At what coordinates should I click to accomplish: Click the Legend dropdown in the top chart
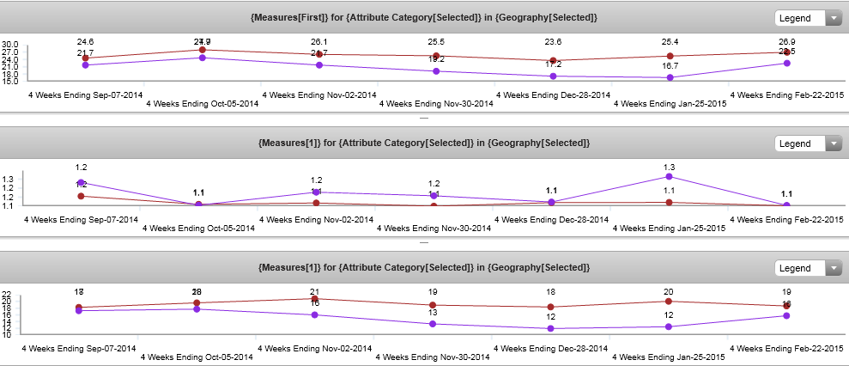coord(809,18)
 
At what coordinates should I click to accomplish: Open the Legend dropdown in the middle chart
coord(809,143)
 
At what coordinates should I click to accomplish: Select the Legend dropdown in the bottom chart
coord(809,268)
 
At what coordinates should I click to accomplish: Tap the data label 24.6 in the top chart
coord(85,41)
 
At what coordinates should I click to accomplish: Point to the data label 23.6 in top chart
coord(553,41)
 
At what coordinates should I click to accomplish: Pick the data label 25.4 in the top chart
coord(670,41)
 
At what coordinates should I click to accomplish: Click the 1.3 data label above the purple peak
coord(669,167)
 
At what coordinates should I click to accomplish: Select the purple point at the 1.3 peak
coord(669,176)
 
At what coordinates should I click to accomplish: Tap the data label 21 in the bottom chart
coord(315,292)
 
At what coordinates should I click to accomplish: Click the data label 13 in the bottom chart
coord(433,313)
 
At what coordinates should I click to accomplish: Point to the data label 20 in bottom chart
coord(669,292)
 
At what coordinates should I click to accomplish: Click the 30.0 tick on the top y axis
coord(10,45)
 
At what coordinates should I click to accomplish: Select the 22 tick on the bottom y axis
coord(7,294)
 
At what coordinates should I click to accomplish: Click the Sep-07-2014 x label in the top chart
coord(87,95)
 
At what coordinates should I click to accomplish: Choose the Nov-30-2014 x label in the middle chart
coord(435,229)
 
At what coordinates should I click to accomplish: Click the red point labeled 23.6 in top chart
coord(553,61)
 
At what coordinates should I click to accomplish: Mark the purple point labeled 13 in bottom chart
coord(433,324)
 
